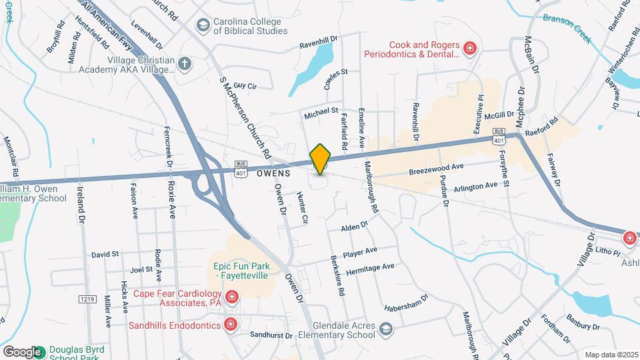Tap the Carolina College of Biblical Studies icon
coord(202,25)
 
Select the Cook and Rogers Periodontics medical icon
coord(470,48)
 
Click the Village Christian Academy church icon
coord(185,64)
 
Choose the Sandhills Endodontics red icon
coord(230,325)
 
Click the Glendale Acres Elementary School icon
coord(385,329)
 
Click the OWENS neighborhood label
coord(273,173)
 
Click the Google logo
coord(22,351)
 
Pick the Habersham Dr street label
coord(405,303)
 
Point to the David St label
coord(105,254)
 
